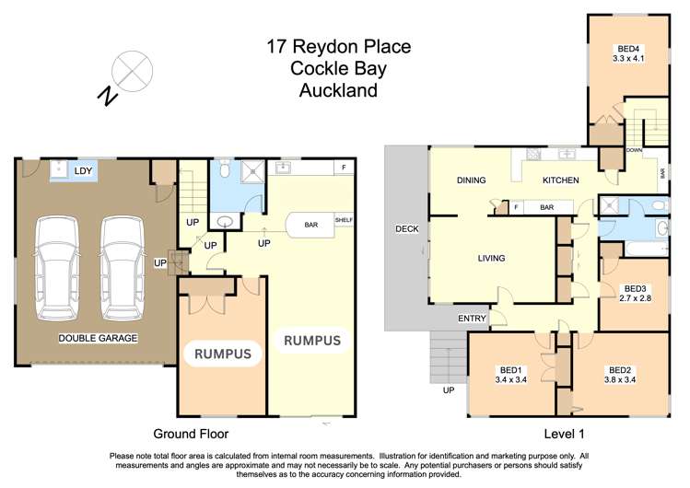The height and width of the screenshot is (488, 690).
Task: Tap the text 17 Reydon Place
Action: click(339, 46)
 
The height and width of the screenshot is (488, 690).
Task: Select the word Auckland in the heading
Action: click(339, 90)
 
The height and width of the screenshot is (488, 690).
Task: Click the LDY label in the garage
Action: click(84, 170)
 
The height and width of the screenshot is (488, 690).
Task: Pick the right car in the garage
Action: click(123, 267)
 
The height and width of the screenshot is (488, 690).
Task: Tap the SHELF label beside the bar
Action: click(344, 220)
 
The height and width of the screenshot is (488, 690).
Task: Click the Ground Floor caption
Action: click(191, 433)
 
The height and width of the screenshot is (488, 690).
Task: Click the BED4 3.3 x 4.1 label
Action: click(630, 52)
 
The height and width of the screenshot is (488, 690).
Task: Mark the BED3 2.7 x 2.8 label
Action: click(634, 293)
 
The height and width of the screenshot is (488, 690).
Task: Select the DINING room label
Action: click(471, 180)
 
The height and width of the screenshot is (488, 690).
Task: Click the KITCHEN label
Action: click(560, 180)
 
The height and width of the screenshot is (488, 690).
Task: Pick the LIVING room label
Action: click(491, 259)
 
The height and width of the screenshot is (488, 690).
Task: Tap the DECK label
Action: click(406, 228)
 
